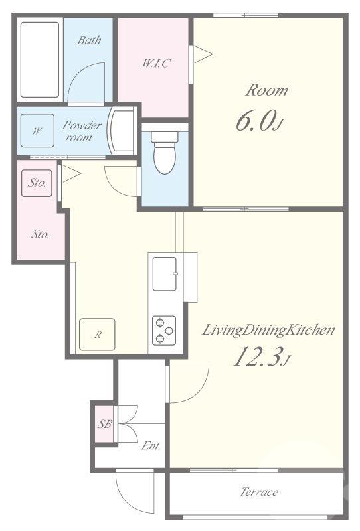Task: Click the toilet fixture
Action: point(165,153)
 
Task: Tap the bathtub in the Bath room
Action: point(40,60)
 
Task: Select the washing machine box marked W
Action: point(37,130)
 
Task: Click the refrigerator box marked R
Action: point(97,335)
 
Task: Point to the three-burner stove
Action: point(164,330)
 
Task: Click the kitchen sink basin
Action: point(165,274)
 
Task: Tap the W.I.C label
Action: point(156,63)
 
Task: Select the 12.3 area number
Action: point(261,357)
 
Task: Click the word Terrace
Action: point(259,492)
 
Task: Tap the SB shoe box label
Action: point(104,424)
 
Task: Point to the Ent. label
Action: point(151,445)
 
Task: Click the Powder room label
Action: point(81,131)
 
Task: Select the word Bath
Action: point(89,40)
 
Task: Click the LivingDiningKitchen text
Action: point(268,330)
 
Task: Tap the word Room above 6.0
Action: point(267,90)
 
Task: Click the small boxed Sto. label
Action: point(37,183)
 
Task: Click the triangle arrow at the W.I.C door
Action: point(203,54)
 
